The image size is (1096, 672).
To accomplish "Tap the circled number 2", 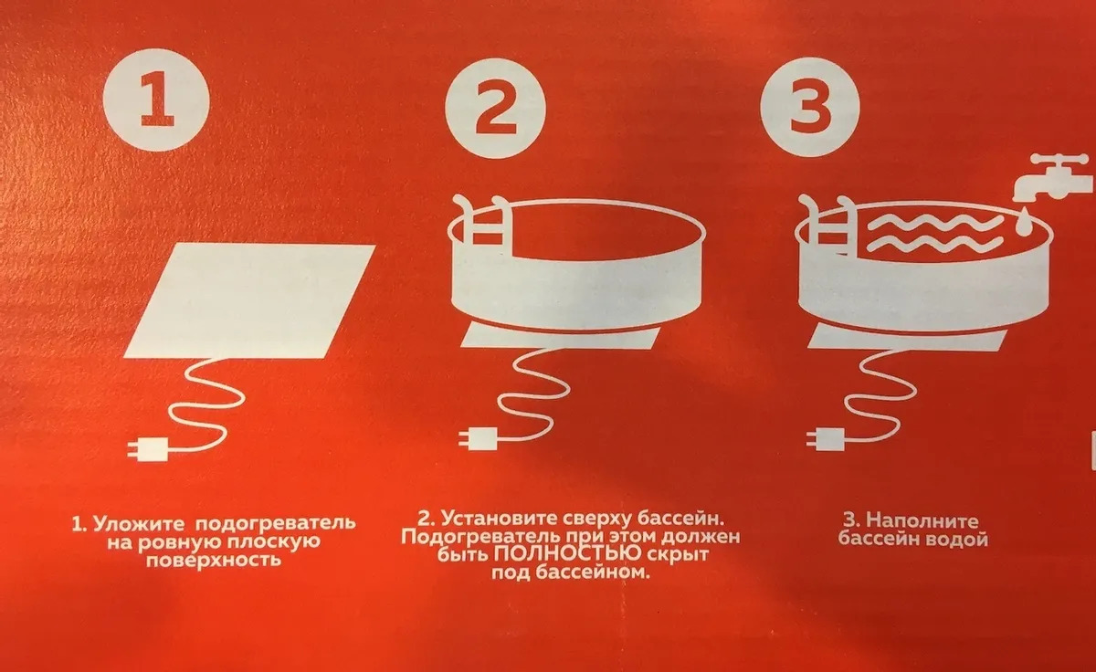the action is (x=495, y=108).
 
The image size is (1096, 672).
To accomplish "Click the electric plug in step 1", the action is (x=148, y=448).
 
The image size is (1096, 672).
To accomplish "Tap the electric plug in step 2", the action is (x=478, y=438).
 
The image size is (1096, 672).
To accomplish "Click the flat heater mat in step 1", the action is (x=249, y=300).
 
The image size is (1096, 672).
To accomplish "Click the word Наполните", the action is (x=922, y=520).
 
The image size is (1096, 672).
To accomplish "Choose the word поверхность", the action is (x=214, y=560).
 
